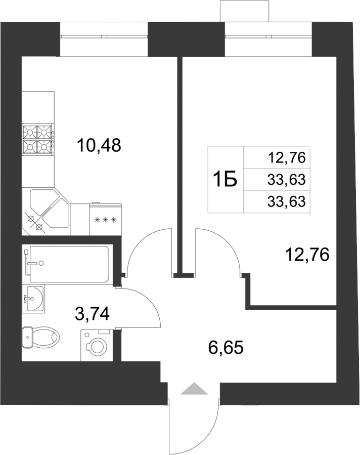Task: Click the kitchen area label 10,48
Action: [99, 146]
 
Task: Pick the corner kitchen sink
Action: [48, 212]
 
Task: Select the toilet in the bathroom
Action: [40, 337]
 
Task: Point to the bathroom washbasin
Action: [33, 298]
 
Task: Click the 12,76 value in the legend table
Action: [287, 158]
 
